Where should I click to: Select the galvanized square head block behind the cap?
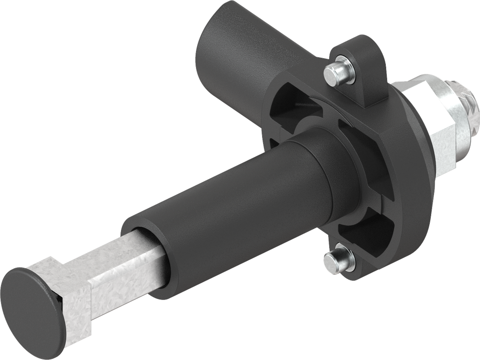pos(70,305)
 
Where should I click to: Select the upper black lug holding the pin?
pos(363,70)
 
